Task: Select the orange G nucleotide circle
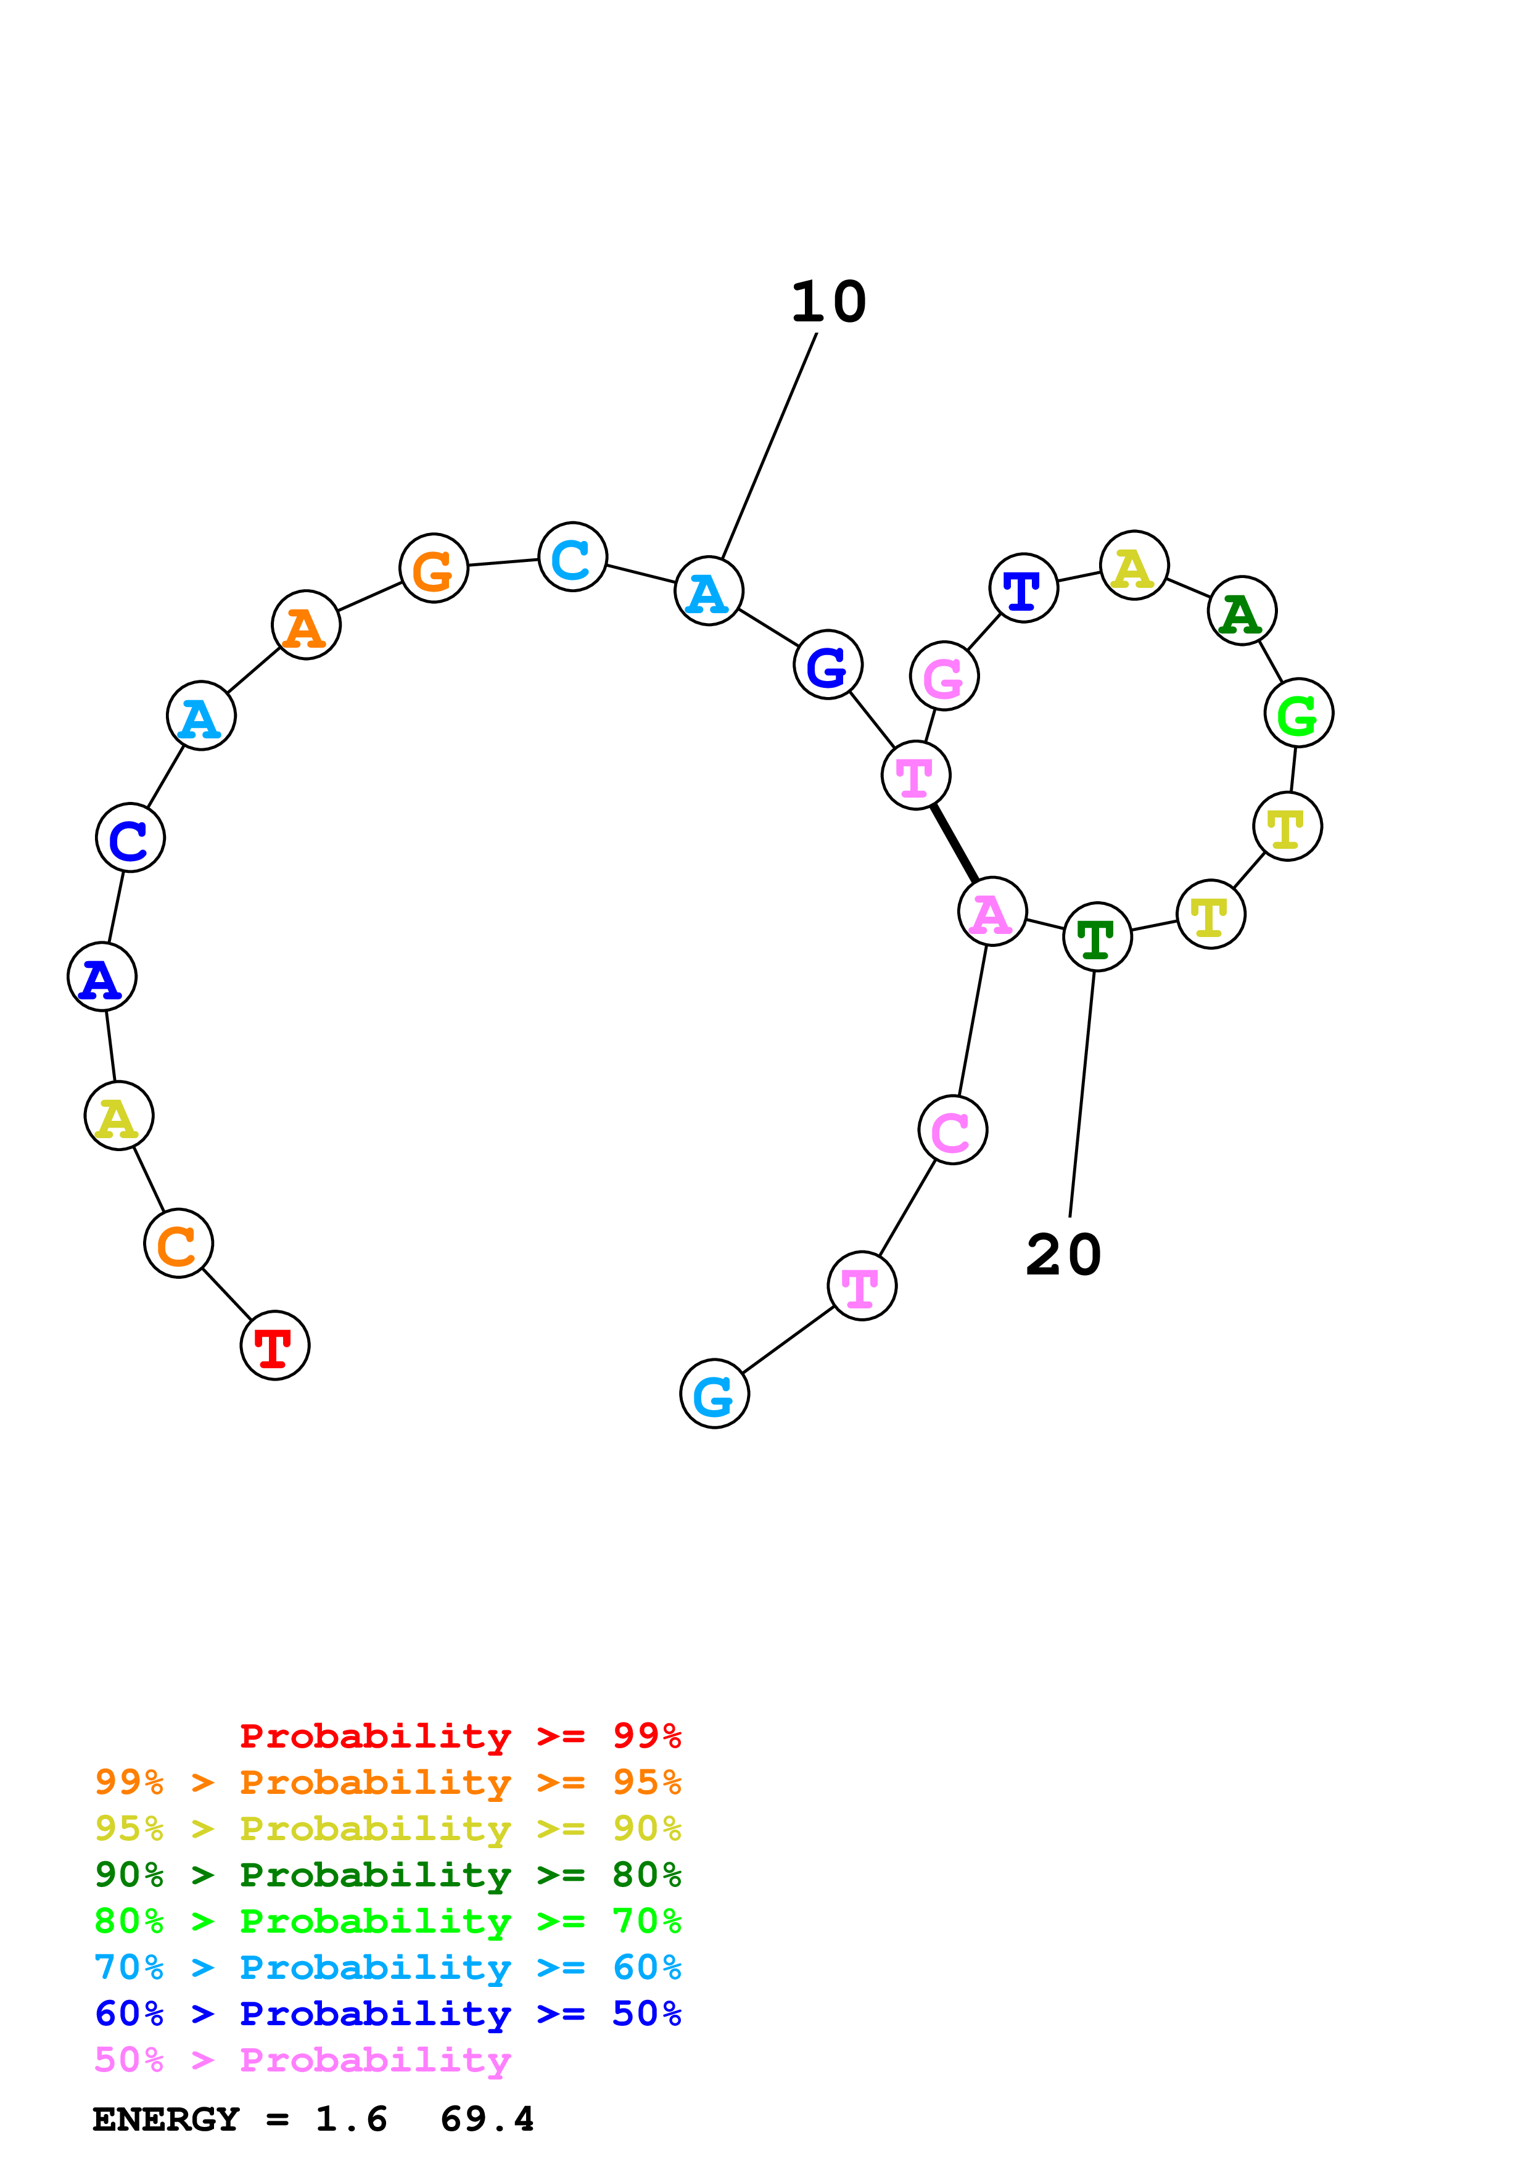click(x=434, y=568)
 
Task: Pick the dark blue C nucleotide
click(x=130, y=838)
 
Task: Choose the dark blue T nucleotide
click(x=1023, y=588)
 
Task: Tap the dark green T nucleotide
click(x=1097, y=937)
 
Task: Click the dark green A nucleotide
click(x=1242, y=611)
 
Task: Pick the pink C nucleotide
click(x=952, y=1130)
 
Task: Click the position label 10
click(x=828, y=302)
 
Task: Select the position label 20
click(x=1063, y=1255)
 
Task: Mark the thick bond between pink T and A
click(x=954, y=843)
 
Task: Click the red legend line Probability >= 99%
click(x=460, y=1735)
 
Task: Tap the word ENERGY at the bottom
click(x=166, y=2119)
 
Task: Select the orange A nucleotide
click(x=305, y=625)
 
